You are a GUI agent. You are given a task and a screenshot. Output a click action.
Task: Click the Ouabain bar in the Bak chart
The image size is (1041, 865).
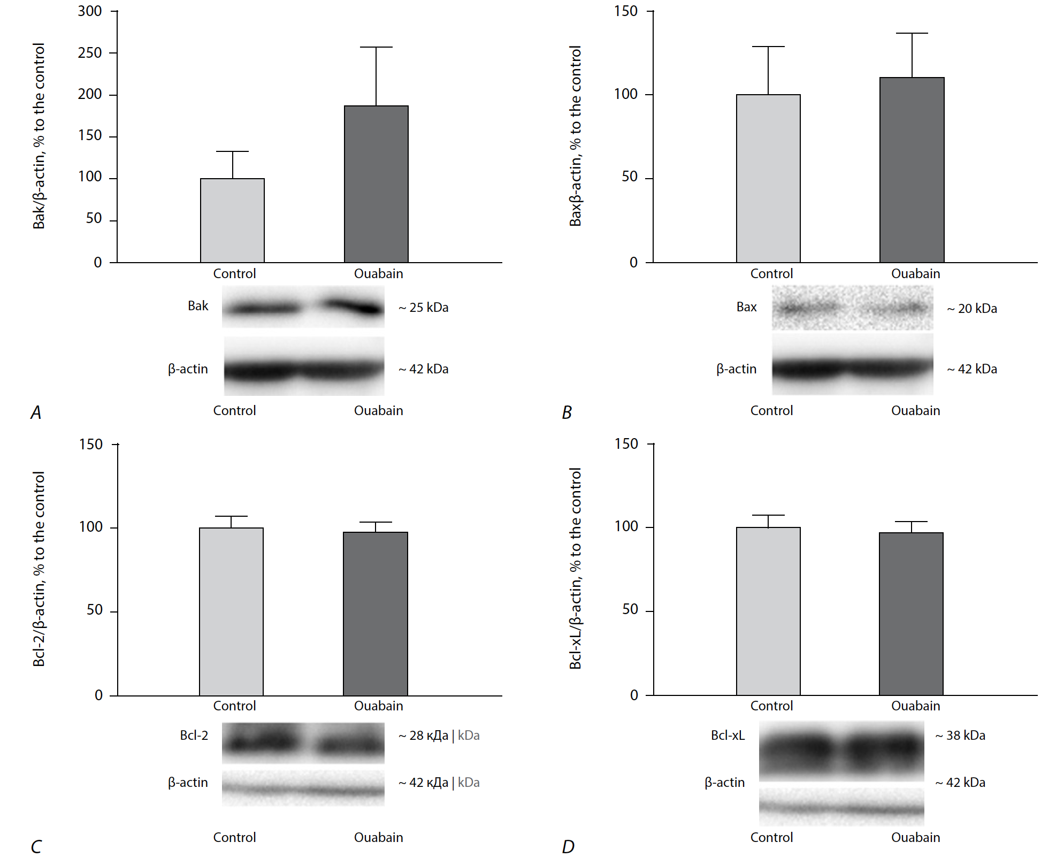click(x=376, y=184)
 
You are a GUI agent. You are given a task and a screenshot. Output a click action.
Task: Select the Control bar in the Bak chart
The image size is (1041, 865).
click(x=232, y=220)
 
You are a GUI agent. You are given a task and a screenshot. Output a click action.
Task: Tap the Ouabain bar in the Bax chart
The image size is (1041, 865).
click(x=912, y=170)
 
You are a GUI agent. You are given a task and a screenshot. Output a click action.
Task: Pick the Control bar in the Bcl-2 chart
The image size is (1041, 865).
click(x=231, y=611)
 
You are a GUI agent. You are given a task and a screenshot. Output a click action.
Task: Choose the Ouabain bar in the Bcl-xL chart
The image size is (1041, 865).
click(x=911, y=614)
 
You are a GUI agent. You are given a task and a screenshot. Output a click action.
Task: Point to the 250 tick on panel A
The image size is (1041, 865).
click(x=90, y=53)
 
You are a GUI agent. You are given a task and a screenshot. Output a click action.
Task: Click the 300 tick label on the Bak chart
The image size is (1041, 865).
click(x=90, y=11)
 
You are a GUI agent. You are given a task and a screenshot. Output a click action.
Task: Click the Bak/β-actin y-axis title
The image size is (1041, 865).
click(x=39, y=136)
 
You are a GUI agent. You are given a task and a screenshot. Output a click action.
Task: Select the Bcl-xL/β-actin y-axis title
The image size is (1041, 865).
click(x=576, y=568)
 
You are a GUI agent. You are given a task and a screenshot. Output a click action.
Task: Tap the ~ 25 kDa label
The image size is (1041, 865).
click(x=423, y=308)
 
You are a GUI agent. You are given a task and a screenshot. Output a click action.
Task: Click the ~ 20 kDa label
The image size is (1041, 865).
click(x=972, y=309)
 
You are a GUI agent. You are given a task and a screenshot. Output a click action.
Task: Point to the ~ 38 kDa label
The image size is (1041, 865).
click(x=960, y=736)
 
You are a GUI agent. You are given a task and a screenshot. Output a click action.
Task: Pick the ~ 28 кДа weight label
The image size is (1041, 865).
click(x=423, y=736)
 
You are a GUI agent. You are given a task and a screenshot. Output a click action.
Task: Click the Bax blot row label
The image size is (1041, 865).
click(x=746, y=307)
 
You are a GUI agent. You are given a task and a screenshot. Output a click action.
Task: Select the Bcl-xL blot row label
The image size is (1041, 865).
click(x=728, y=736)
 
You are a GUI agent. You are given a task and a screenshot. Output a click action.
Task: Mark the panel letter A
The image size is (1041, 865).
click(x=36, y=412)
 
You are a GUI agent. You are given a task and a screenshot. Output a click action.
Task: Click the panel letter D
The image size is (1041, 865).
click(x=568, y=847)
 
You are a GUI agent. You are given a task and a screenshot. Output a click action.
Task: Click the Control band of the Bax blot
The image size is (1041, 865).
click(x=808, y=308)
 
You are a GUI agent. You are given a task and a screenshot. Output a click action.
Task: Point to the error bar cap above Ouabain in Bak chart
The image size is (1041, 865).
click(x=376, y=47)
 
